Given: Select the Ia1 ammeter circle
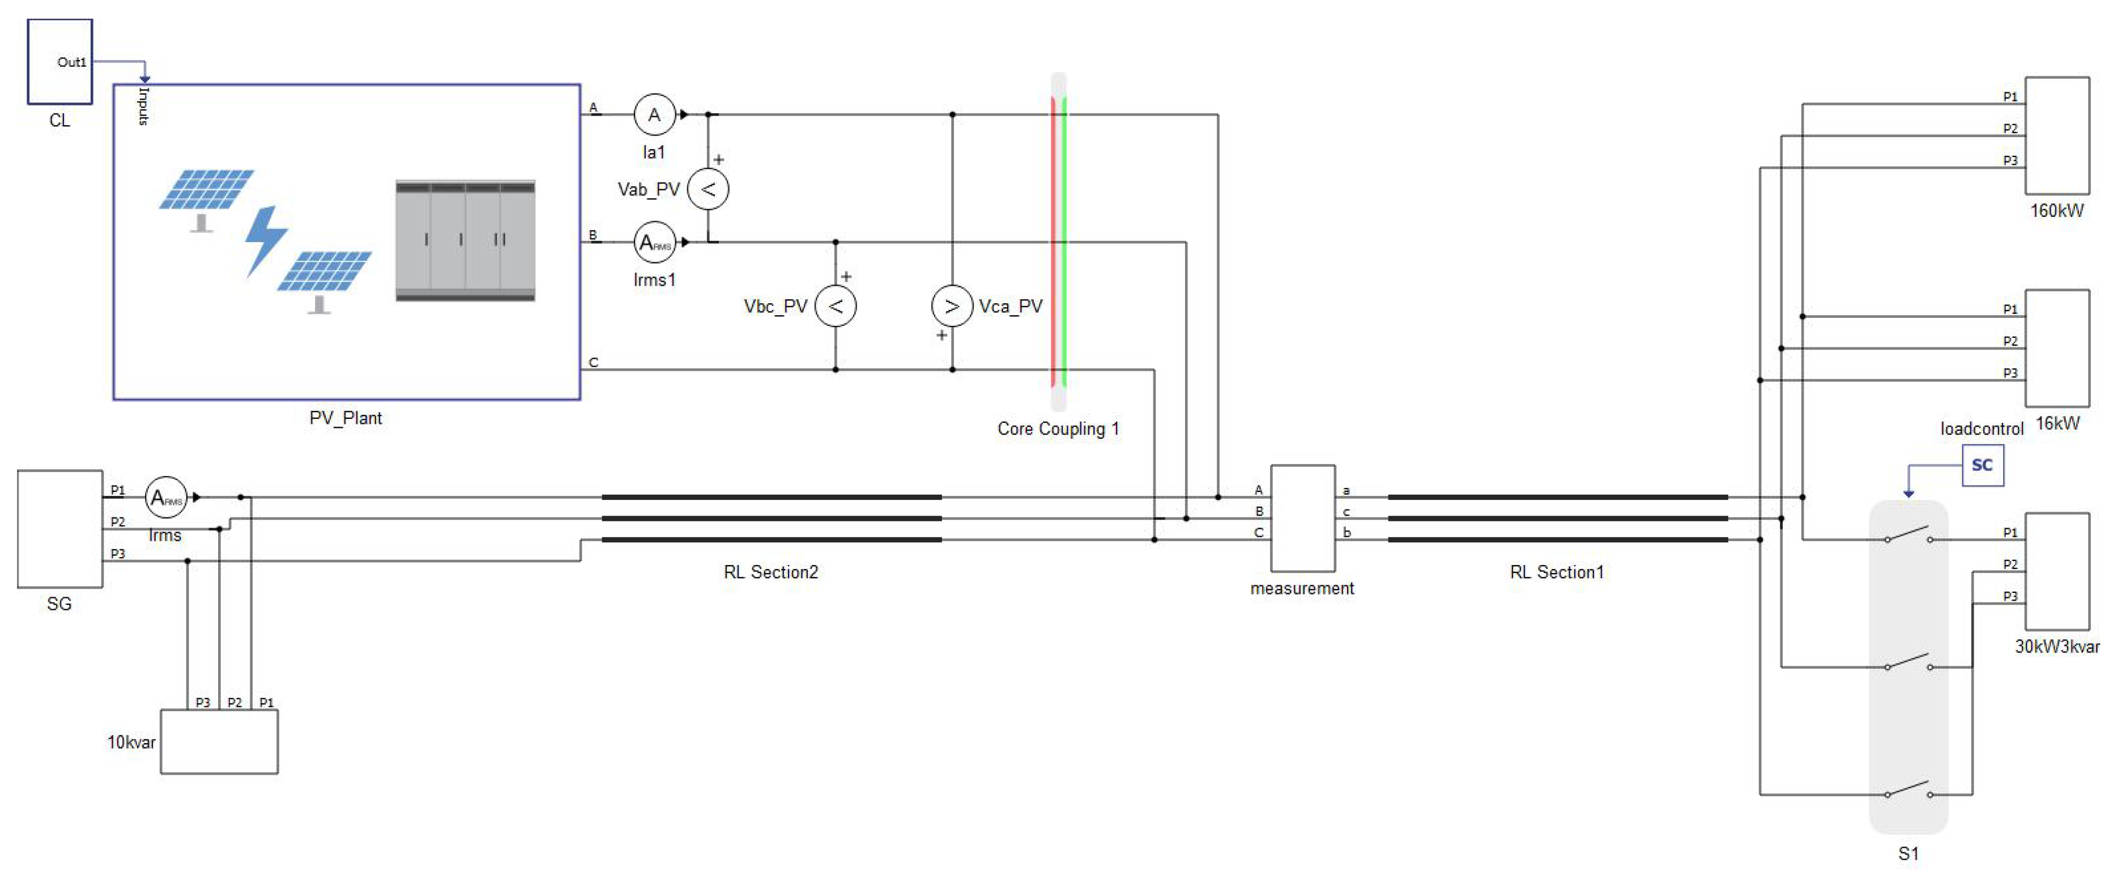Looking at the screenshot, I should click(654, 114).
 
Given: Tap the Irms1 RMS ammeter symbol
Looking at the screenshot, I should click(654, 243).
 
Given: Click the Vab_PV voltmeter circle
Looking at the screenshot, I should click(708, 189).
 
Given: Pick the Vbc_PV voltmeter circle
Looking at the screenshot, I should click(835, 307).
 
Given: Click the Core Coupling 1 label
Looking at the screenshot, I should click(1057, 428).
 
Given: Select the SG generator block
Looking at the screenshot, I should click(60, 528).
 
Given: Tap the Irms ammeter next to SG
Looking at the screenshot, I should click(165, 498).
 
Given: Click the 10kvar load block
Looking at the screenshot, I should click(219, 741).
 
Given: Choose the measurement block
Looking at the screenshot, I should click(1302, 519).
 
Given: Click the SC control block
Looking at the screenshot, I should click(1982, 465).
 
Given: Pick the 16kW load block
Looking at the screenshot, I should click(2057, 347).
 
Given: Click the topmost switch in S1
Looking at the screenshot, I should click(1908, 535).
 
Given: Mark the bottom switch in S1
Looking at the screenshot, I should click(1908, 790).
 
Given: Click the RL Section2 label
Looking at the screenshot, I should click(770, 572).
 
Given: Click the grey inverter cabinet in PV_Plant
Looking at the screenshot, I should click(465, 240).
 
